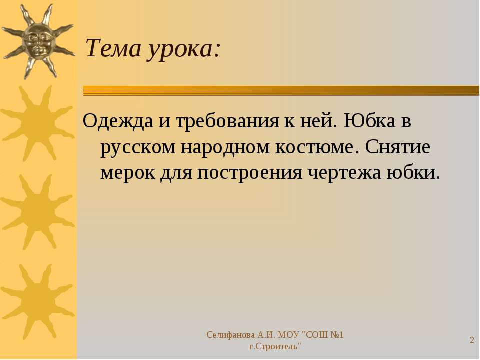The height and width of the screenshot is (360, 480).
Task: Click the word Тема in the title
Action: [x=113, y=48]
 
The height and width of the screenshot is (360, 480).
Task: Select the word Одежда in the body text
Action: [x=118, y=121]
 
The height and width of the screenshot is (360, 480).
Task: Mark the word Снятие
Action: [x=397, y=146]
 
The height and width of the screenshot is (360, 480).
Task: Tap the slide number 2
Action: [x=472, y=340]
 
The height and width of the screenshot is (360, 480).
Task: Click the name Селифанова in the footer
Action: [x=231, y=335]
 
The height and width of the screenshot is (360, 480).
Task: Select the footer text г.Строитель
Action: [x=275, y=347]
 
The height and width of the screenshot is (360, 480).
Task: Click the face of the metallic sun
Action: [x=38, y=42]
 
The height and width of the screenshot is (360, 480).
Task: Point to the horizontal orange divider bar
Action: [x=281, y=91]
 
